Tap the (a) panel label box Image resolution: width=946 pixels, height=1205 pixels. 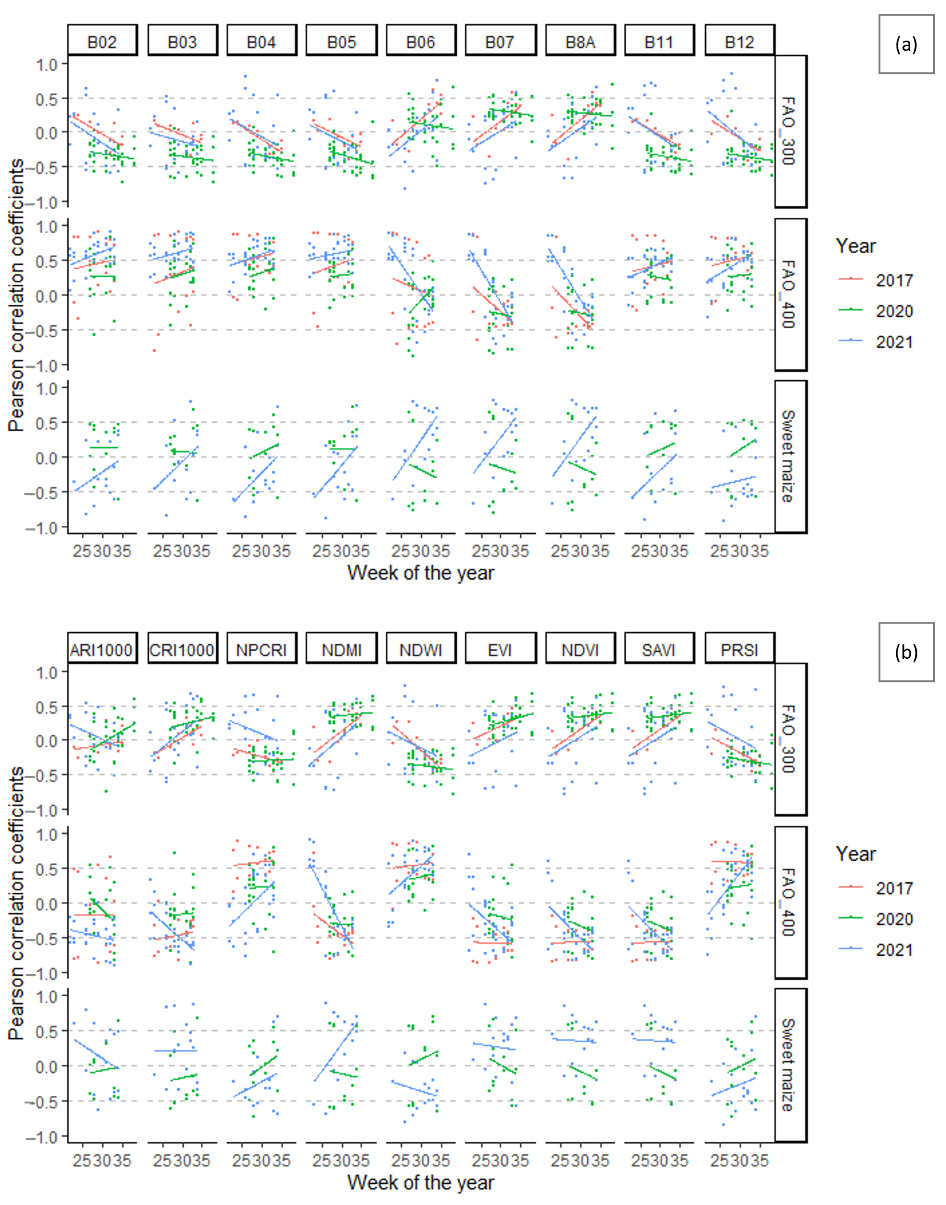coord(906,44)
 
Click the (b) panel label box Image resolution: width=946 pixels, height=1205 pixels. coord(906,652)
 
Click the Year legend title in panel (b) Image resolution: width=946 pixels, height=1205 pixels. coord(856,854)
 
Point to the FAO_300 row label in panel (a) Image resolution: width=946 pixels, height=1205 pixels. coord(790,131)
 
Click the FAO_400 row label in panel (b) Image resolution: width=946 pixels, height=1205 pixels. coord(790,902)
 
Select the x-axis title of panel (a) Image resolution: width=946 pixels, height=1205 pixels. coord(420,573)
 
